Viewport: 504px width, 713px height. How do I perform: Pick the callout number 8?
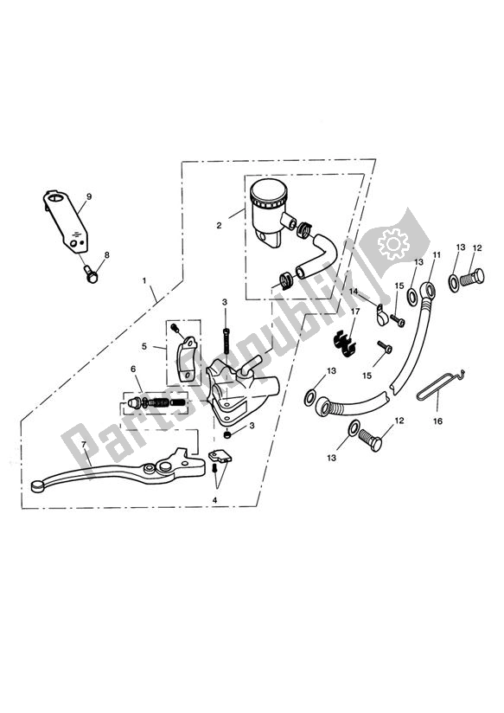click(x=107, y=255)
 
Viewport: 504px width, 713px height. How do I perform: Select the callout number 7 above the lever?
click(x=83, y=445)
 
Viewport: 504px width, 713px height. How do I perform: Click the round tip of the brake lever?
click(x=35, y=487)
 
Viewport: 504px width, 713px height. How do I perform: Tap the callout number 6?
click(x=135, y=369)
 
